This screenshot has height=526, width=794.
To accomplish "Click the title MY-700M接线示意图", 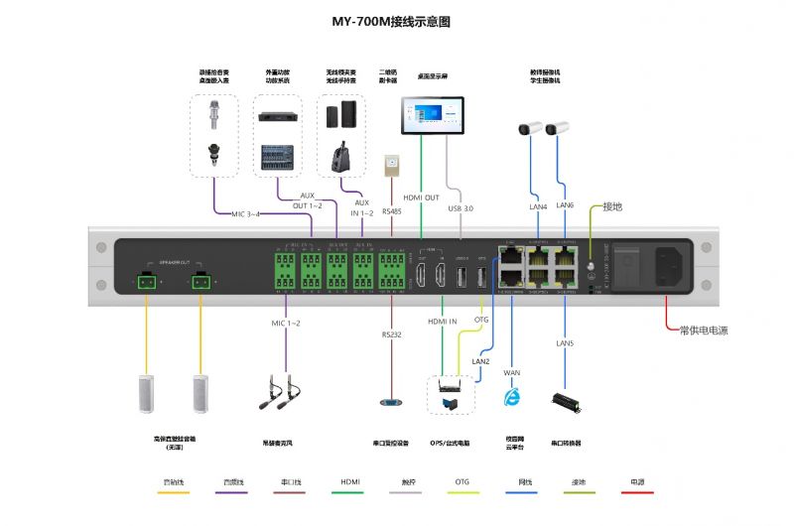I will [x=391, y=21].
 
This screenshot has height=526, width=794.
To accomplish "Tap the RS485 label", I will [x=391, y=211].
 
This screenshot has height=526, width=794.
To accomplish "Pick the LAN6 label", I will [x=566, y=204].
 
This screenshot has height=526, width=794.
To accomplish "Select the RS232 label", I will [x=391, y=335].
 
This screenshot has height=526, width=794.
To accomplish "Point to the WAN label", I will [x=512, y=372].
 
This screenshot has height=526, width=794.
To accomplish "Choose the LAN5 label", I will [x=565, y=342].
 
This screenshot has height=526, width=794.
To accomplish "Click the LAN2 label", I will [x=480, y=361].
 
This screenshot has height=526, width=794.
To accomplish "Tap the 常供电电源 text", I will [x=703, y=330].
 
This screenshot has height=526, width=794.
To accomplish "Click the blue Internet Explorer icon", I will [x=512, y=397].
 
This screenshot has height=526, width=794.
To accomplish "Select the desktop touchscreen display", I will [x=432, y=114].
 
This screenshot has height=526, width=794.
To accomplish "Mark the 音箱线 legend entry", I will [x=173, y=482].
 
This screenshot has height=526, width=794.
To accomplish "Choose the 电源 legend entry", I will [x=637, y=482].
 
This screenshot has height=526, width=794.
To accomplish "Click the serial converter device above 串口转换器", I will [x=566, y=401].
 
